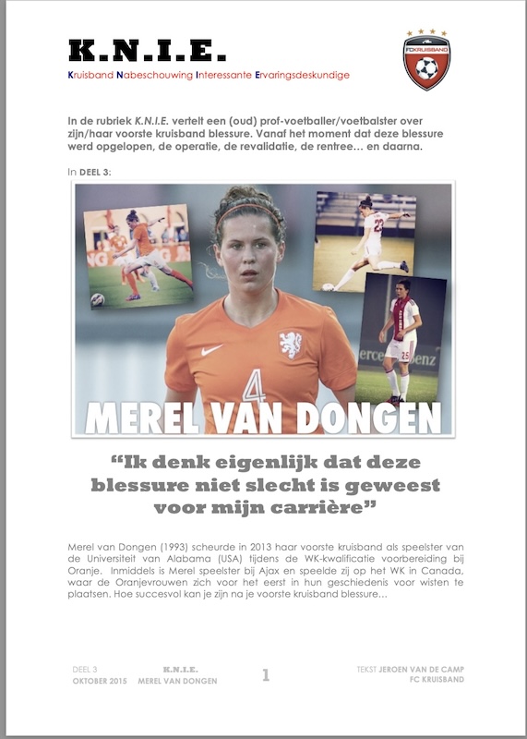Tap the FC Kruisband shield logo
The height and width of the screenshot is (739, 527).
(426, 59)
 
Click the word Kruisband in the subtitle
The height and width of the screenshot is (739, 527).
(95, 75)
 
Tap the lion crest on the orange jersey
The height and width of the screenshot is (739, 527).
(291, 345)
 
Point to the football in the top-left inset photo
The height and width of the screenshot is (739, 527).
(97, 299)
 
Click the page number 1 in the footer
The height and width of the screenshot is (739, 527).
(266, 675)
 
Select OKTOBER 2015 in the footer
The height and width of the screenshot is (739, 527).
(99, 681)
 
